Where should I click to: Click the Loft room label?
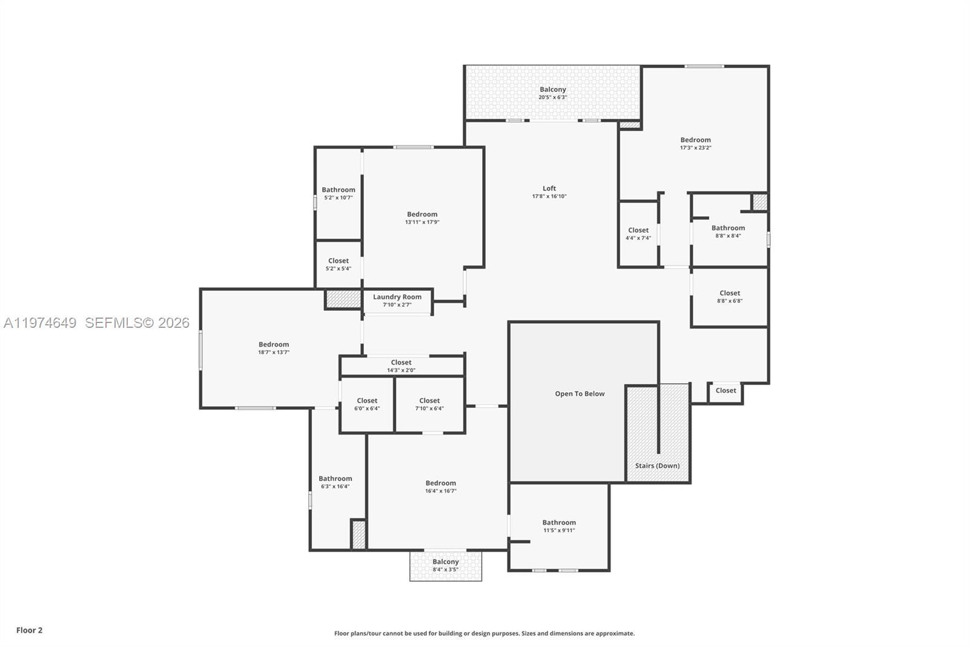[549, 188]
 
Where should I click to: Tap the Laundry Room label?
[397, 297]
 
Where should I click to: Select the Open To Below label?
[580, 393]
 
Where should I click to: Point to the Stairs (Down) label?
[657, 466]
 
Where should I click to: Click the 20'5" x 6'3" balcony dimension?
[553, 98]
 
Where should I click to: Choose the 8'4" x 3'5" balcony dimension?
[446, 570]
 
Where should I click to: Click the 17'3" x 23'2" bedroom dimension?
[696, 148]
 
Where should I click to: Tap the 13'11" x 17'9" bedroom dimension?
[422, 222]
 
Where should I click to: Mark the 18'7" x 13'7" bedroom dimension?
[274, 353]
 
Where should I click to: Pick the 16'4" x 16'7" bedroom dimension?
[441, 491]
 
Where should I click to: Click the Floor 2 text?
[30, 630]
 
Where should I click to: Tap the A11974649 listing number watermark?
[40, 322]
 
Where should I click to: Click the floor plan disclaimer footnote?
[484, 633]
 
